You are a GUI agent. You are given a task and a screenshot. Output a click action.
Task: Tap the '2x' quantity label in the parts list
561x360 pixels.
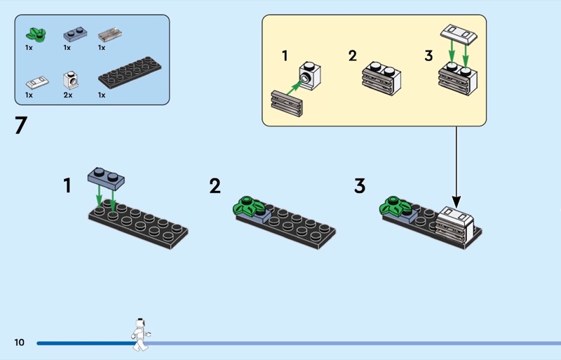68,95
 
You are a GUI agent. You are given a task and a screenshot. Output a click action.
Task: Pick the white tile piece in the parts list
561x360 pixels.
36,80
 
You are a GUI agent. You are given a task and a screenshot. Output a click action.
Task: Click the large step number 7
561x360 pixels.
20,126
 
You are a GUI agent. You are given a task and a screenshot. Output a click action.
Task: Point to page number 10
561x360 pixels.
18,342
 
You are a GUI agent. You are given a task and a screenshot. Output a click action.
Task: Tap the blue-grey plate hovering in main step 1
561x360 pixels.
107,176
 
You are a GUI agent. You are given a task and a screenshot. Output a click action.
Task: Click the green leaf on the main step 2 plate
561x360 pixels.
248,206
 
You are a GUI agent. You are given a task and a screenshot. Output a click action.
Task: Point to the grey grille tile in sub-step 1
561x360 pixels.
286,104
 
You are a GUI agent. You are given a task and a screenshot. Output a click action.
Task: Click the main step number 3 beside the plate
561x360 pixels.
360,186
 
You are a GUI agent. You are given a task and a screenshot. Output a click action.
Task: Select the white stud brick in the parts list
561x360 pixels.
70,79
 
